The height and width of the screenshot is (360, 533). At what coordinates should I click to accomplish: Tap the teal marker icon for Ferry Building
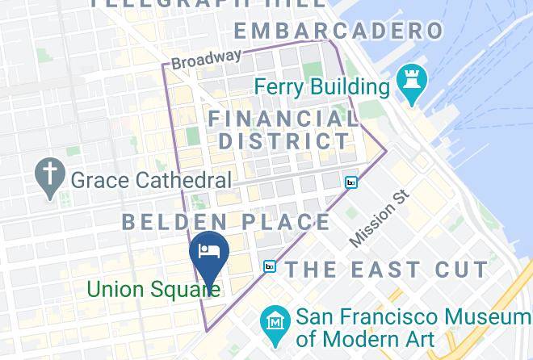413,83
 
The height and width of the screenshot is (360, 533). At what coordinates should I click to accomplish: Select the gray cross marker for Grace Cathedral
50,178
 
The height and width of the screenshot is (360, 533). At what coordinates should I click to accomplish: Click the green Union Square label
153,288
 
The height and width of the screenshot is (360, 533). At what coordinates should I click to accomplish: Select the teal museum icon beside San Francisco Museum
275,320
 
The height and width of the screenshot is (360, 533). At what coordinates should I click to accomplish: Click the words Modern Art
366,339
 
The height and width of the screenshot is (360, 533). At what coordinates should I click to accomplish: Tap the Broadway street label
206,59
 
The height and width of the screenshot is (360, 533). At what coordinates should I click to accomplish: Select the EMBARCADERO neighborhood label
339,31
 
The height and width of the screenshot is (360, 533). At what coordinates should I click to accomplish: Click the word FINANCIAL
283,119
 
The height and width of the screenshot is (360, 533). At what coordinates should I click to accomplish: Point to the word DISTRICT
284,140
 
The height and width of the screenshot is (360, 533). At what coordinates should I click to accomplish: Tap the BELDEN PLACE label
226,222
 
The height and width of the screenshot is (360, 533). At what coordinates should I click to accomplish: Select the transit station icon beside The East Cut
270,266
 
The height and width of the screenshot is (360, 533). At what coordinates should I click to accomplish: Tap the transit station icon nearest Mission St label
351,182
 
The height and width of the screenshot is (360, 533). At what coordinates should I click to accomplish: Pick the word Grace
99,179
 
